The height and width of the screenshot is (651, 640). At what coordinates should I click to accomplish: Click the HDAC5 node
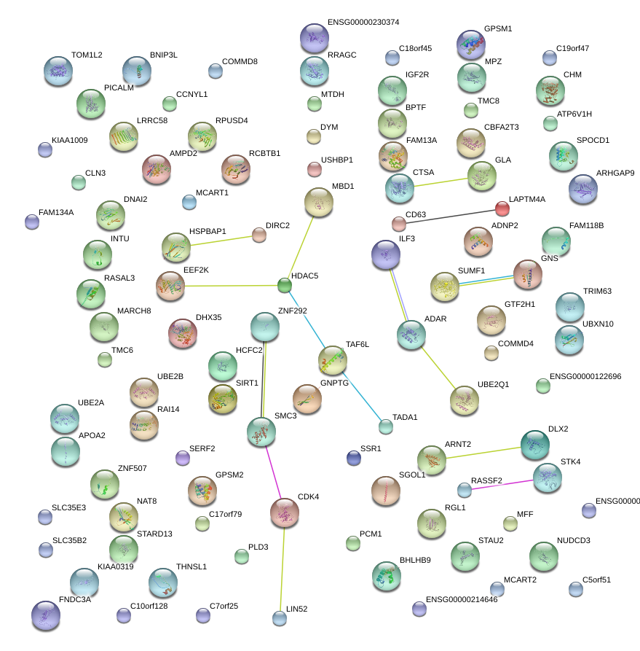[x=285, y=285]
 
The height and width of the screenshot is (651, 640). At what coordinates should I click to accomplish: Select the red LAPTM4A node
[x=502, y=209]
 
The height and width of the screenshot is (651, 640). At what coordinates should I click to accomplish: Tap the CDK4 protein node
[x=285, y=512]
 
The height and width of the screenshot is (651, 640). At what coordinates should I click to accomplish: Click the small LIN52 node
[x=280, y=619]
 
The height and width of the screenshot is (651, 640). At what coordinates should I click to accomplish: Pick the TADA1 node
[x=386, y=426]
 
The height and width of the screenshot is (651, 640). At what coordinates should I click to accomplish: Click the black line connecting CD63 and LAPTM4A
[x=451, y=216]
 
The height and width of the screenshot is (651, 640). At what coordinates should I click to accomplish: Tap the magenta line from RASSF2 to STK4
[x=505, y=483]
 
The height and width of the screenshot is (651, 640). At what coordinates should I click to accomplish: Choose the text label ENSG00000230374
[x=363, y=23]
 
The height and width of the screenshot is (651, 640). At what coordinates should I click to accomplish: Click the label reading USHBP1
[x=337, y=160]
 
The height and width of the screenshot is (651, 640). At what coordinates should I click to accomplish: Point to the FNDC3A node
[x=46, y=616]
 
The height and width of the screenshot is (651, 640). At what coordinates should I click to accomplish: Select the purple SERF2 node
[x=183, y=458]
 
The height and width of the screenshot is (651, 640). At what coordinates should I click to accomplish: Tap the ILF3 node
[x=385, y=254]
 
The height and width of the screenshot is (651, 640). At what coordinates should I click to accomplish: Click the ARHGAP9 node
[x=582, y=189]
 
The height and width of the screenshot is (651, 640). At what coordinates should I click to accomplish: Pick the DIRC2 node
[x=258, y=234]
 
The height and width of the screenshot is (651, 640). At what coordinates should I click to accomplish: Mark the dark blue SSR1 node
[x=354, y=458]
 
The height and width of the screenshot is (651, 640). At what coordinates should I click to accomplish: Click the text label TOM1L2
[x=87, y=55]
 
